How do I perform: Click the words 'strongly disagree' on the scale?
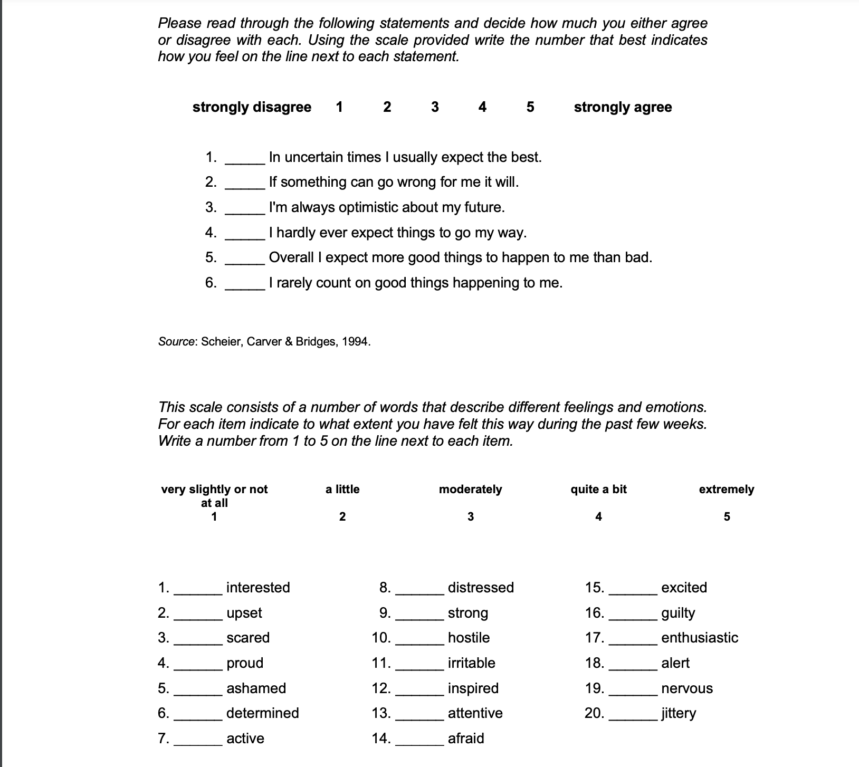pyautogui.click(x=252, y=107)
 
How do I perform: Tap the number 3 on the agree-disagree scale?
pyautogui.click(x=435, y=107)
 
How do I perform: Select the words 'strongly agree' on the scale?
pyautogui.click(x=623, y=107)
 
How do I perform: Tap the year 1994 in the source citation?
pyautogui.click(x=355, y=341)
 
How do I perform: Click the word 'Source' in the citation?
pyautogui.click(x=176, y=341)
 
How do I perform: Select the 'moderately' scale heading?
pyautogui.click(x=470, y=489)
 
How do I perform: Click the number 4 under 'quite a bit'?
pyautogui.click(x=598, y=516)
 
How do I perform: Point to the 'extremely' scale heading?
pyautogui.click(x=726, y=489)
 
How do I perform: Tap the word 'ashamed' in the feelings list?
pyautogui.click(x=256, y=688)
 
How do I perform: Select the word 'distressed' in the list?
pyautogui.click(x=480, y=587)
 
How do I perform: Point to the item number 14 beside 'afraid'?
pyautogui.click(x=380, y=738)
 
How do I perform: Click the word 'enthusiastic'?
pyautogui.click(x=699, y=637)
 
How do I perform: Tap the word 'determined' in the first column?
pyautogui.click(x=262, y=713)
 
